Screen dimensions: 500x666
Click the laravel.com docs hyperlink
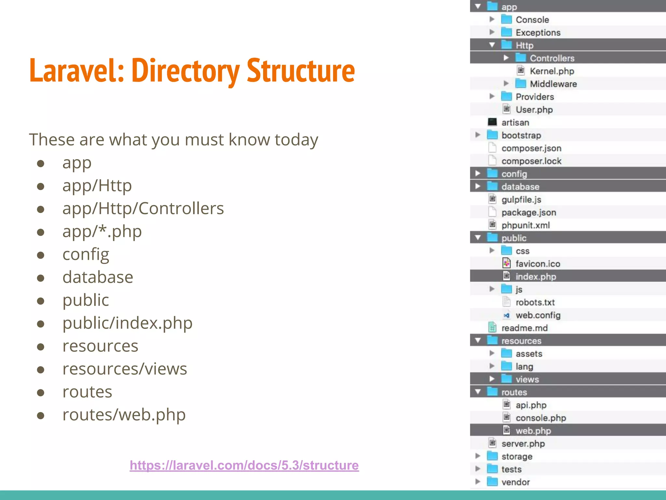[x=244, y=465]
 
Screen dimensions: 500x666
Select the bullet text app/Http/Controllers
[x=143, y=209]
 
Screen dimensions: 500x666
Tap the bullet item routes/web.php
[x=124, y=415]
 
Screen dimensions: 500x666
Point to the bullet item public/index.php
[x=127, y=323]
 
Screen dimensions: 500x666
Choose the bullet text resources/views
[x=125, y=369]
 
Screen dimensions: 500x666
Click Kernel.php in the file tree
[x=552, y=71]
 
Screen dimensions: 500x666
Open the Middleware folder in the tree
[x=553, y=84]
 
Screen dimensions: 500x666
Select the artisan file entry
[x=515, y=122]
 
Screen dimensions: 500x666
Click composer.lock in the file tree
[x=531, y=161]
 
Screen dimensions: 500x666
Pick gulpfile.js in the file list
[x=521, y=200]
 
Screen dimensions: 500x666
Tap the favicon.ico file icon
[x=506, y=263]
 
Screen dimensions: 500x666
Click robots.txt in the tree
[x=535, y=302]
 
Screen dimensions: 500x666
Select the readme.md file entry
[x=524, y=328]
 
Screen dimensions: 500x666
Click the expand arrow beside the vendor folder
[x=478, y=482]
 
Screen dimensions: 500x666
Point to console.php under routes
[x=540, y=418]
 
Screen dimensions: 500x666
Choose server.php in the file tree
[x=523, y=444]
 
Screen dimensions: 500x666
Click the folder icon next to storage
[x=492, y=456]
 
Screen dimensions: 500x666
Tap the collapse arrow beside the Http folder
[x=492, y=45]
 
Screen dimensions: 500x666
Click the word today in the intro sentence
[x=296, y=140]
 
